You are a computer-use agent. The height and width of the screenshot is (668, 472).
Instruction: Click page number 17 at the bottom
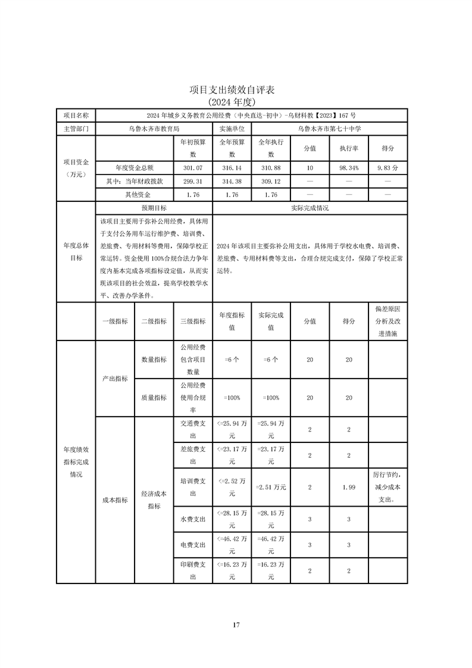point(236,625)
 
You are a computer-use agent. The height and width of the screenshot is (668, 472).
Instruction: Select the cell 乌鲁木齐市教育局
point(154,128)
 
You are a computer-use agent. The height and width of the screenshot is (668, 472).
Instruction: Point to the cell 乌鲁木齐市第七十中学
point(329,128)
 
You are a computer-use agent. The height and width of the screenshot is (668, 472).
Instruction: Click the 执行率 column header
point(349,148)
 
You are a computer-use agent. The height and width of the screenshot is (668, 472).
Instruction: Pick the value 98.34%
point(349,168)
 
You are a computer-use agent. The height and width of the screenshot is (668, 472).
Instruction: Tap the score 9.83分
point(388,168)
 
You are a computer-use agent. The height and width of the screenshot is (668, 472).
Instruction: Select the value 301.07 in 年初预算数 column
point(193,168)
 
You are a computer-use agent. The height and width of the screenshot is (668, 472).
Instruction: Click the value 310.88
point(271,168)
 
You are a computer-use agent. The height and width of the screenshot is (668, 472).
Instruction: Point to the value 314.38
point(232,182)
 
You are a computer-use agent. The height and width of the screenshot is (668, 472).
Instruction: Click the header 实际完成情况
point(310,208)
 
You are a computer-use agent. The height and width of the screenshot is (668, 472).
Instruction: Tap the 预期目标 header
point(154,208)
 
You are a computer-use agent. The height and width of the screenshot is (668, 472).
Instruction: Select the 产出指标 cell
point(115,379)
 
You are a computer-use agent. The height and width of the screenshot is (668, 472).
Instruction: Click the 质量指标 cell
point(154,398)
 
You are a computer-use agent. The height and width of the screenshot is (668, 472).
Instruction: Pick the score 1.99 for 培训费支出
point(349,487)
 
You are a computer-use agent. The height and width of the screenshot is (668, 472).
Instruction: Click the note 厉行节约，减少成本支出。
point(388,487)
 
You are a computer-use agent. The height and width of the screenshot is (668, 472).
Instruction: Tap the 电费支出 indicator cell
point(193,545)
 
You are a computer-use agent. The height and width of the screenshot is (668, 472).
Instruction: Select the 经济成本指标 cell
point(154,500)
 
